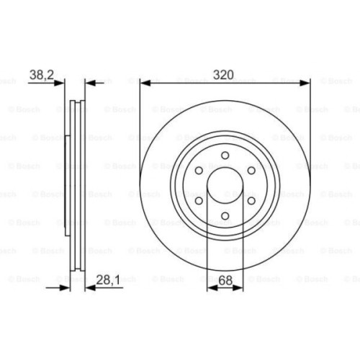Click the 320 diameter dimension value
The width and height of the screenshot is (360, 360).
point(225,73)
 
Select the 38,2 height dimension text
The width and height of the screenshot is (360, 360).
point(41,73)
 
